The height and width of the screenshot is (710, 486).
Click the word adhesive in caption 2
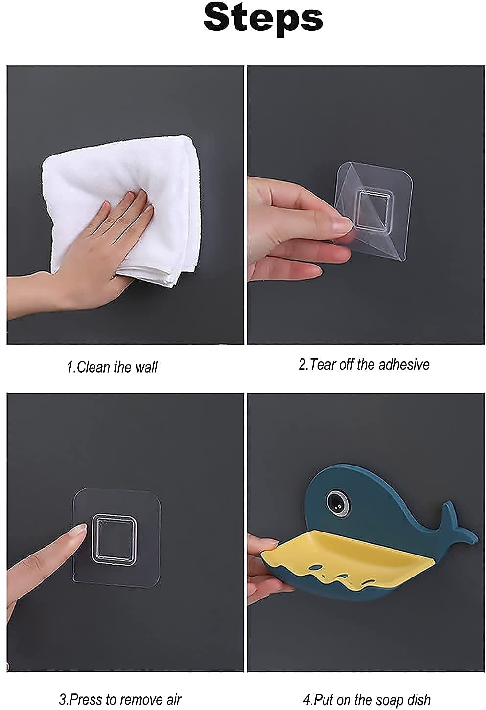pos(404,364)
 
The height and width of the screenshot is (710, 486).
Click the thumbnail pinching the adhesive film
pos(343,224)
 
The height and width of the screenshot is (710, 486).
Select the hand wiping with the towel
pos(79,254)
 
